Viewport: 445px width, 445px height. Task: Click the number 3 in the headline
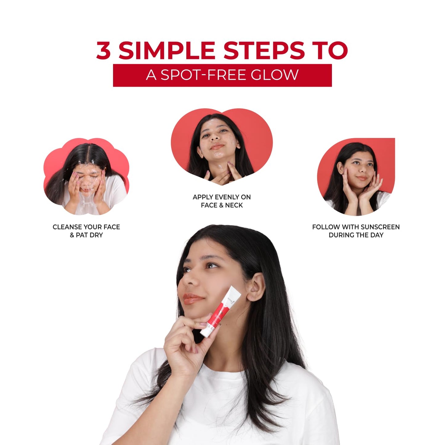point(103,51)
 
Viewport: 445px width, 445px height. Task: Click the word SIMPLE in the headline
point(167,51)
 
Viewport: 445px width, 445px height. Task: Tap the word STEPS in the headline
point(264,51)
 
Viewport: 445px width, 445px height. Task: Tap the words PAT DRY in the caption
point(89,235)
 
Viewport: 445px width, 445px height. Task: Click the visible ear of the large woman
point(255,287)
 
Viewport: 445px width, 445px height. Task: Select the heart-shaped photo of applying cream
point(222,147)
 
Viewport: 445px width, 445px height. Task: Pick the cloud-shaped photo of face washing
point(86,177)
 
